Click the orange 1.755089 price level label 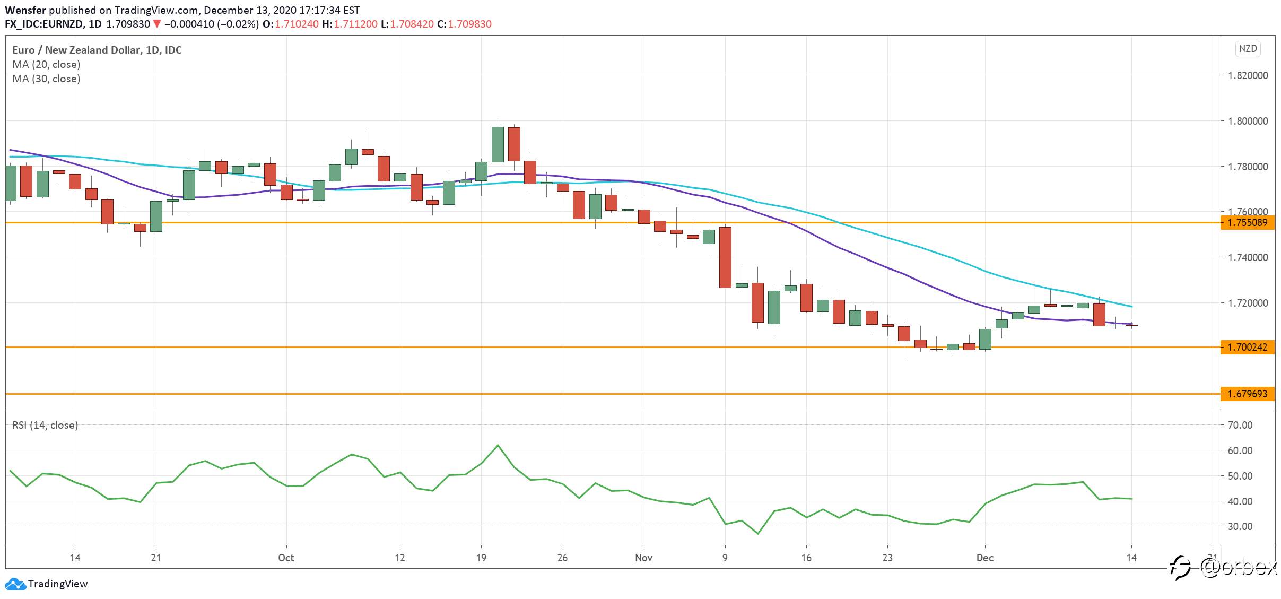(1247, 222)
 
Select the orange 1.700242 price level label (1247, 347)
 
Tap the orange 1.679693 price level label (1247, 394)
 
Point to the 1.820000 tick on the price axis (1248, 75)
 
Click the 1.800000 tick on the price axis (1248, 121)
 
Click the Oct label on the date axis (286, 558)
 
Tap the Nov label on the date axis (643, 558)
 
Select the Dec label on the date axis (985, 558)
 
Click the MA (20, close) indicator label (46, 64)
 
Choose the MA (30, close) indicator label (46, 79)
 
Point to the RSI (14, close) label (45, 425)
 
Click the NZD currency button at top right (1248, 49)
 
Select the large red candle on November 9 (725, 257)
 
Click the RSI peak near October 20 (498, 445)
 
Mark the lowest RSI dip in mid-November (757, 534)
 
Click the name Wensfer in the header (25, 10)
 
